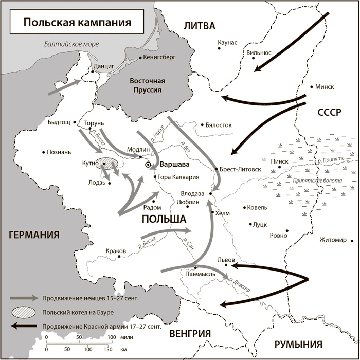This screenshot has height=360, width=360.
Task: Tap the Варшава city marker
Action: pyautogui.click(x=149, y=166)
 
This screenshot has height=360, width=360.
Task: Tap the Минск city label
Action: pyautogui.click(x=328, y=87)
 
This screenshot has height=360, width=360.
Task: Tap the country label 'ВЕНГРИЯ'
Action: pyautogui.click(x=190, y=334)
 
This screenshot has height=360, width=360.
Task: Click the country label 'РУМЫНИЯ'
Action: pyautogui.click(x=298, y=344)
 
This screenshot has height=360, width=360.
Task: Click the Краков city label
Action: pyautogui.click(x=115, y=250)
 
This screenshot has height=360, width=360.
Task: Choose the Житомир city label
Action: pyautogui.click(x=333, y=239)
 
